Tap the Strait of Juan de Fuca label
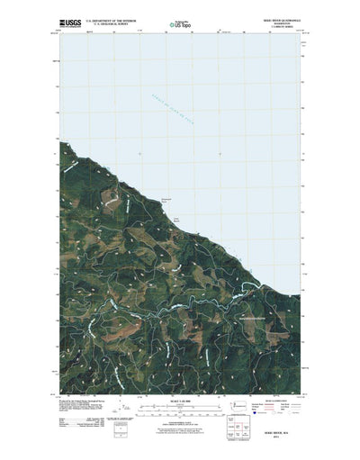(x=187, y=111)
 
